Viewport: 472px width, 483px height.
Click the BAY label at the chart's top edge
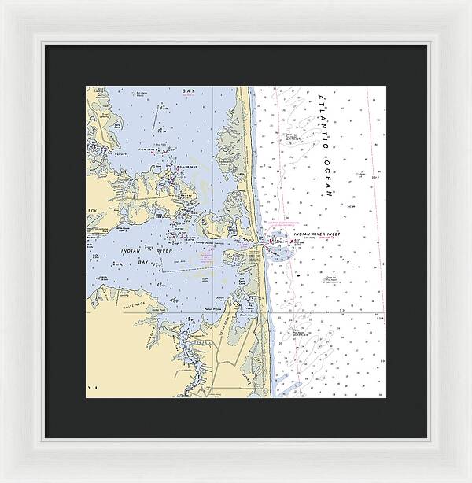point(188,92)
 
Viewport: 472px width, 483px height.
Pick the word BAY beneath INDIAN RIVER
point(143,261)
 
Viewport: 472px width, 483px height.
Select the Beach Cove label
point(249,312)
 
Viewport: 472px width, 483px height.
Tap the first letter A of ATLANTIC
point(320,98)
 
